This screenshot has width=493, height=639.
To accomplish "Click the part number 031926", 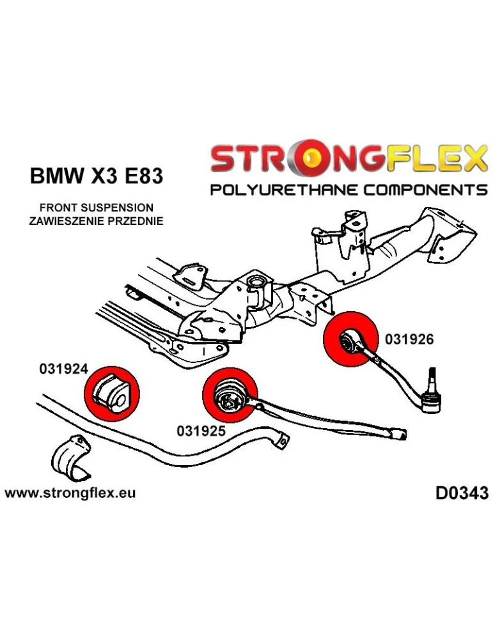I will point(409,340).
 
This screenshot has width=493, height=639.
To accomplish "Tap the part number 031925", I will point(201,431).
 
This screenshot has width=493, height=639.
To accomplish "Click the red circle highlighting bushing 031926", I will point(350,337).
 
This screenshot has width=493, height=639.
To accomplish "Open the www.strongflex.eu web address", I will point(70,493).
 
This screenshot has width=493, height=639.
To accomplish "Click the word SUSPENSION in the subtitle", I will point(115,208).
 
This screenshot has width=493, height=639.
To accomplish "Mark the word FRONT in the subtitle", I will point(56,208).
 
